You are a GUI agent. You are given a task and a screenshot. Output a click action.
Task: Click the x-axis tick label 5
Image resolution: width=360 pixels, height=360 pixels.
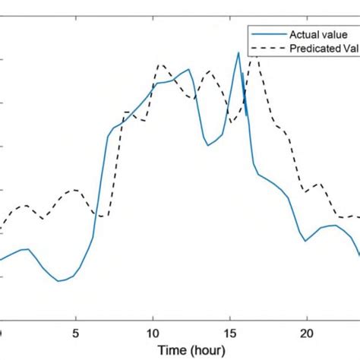[75, 332]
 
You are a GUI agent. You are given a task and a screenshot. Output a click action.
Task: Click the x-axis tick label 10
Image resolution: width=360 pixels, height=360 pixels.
[153, 332]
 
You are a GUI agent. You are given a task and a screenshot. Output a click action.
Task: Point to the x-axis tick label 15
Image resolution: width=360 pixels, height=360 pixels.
[229, 332]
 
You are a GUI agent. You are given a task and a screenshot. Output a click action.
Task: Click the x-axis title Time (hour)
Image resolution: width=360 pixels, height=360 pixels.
[191, 350]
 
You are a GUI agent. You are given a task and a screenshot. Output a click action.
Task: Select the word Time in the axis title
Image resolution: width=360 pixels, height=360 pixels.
[171, 350]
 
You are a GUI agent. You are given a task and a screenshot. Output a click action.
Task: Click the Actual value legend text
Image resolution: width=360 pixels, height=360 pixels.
[317, 34]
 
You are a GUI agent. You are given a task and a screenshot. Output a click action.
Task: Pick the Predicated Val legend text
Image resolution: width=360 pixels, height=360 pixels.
[324, 49]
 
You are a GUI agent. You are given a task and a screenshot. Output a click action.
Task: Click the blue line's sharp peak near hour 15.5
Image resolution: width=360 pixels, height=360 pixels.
[239, 52]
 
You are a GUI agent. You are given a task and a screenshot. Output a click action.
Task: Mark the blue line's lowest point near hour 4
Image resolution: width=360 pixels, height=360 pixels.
[59, 281]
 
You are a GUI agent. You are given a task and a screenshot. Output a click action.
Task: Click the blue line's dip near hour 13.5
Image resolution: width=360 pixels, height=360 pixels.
[208, 145]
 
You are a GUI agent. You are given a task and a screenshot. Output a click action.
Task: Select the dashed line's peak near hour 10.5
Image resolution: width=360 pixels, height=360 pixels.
[160, 65]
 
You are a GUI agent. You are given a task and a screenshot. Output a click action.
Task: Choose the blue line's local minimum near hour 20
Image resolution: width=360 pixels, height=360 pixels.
[305, 241]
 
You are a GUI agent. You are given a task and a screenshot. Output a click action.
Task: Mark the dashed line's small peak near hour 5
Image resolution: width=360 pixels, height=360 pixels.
[74, 190]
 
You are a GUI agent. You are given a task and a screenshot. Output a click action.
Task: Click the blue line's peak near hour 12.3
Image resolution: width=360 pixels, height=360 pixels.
[188, 70]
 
